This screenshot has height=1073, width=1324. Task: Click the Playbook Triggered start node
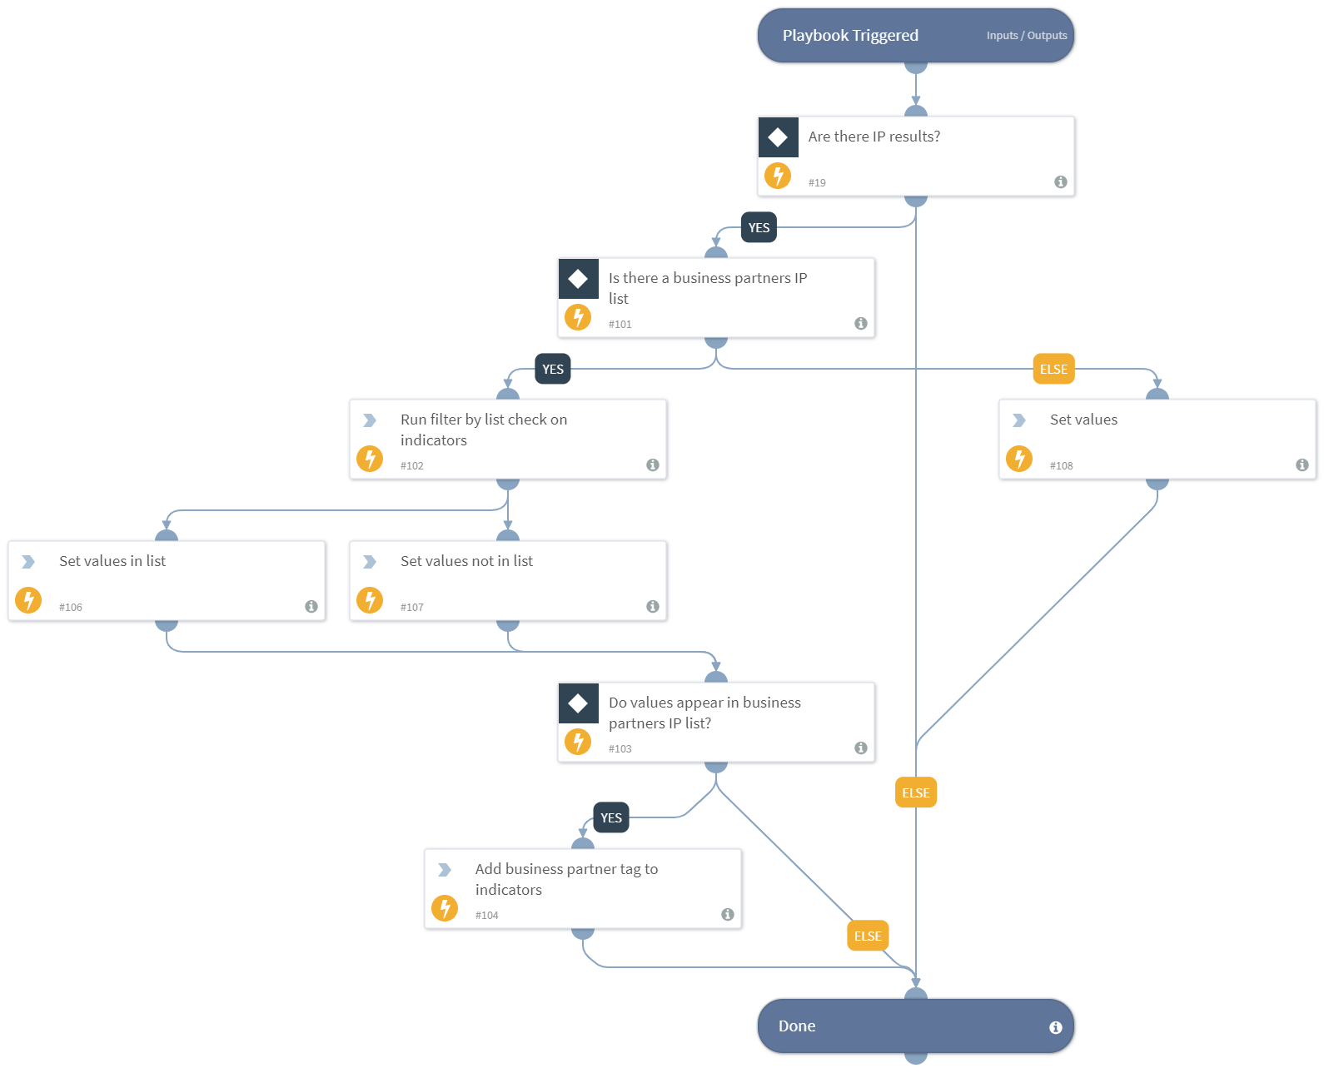pyautogui.click(x=849, y=36)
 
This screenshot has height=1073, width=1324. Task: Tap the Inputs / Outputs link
pyautogui.click(x=1026, y=36)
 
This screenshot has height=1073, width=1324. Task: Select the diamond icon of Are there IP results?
pyautogui.click(x=778, y=137)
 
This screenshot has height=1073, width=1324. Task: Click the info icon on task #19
pyautogui.click(x=1060, y=181)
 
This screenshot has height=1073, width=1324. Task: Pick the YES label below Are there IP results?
pyautogui.click(x=759, y=228)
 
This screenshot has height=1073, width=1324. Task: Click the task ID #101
pyautogui.click(x=620, y=325)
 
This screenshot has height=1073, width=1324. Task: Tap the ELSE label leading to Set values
pyautogui.click(x=1053, y=370)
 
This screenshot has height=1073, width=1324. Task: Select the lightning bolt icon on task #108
pyautogui.click(x=1019, y=459)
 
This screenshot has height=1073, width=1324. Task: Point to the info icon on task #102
pyautogui.click(x=652, y=464)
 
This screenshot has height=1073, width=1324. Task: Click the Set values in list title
pyautogui.click(x=112, y=561)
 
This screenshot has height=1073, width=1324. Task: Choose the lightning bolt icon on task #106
pyautogui.click(x=28, y=600)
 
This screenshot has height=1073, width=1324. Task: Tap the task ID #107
pyautogui.click(x=411, y=608)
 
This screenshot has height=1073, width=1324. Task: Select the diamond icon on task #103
pyautogui.click(x=578, y=703)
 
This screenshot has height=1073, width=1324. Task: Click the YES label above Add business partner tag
pyautogui.click(x=611, y=818)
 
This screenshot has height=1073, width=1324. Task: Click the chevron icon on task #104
pyautogui.click(x=445, y=870)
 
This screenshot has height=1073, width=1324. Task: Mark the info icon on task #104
pyautogui.click(x=727, y=914)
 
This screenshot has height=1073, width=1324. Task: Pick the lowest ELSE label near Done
pyautogui.click(x=867, y=936)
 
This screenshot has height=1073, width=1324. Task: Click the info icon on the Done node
pyautogui.click(x=1055, y=1027)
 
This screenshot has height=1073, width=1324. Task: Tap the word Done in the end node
pyautogui.click(x=796, y=1026)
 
